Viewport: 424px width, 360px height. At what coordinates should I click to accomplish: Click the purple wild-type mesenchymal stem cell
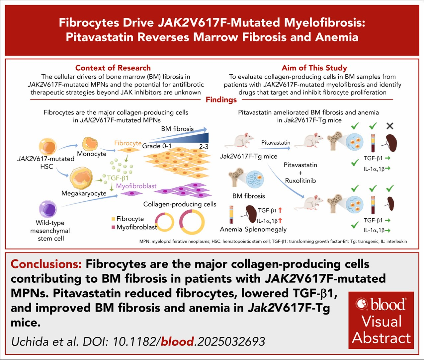click(x=48, y=209)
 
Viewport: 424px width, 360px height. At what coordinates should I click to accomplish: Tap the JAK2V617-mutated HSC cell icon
click(x=47, y=146)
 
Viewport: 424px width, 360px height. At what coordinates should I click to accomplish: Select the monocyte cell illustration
click(x=90, y=144)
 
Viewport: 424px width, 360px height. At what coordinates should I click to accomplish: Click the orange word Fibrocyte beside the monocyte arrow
click(x=128, y=143)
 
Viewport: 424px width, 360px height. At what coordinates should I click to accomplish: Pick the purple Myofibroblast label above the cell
click(x=136, y=186)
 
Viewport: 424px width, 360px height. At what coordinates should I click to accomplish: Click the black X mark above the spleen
click(x=390, y=126)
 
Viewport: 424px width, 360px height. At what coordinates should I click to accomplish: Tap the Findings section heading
click(x=221, y=100)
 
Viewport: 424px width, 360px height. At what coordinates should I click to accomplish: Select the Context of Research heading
click(x=113, y=68)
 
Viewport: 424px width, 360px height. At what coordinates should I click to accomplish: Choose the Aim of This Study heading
click(x=314, y=68)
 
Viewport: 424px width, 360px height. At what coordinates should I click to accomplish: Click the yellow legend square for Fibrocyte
click(x=113, y=219)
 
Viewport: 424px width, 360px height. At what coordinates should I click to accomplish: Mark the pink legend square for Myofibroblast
click(x=113, y=227)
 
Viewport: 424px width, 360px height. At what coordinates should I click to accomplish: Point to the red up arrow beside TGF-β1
click(x=280, y=210)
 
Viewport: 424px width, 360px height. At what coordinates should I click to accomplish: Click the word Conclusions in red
click(x=46, y=264)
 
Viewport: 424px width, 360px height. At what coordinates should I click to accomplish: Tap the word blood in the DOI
click(x=177, y=341)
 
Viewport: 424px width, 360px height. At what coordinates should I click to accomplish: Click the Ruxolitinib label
click(x=300, y=180)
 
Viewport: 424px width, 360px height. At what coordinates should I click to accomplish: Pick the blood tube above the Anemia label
click(x=231, y=215)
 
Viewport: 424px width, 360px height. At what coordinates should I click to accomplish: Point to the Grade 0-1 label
click(x=157, y=146)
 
